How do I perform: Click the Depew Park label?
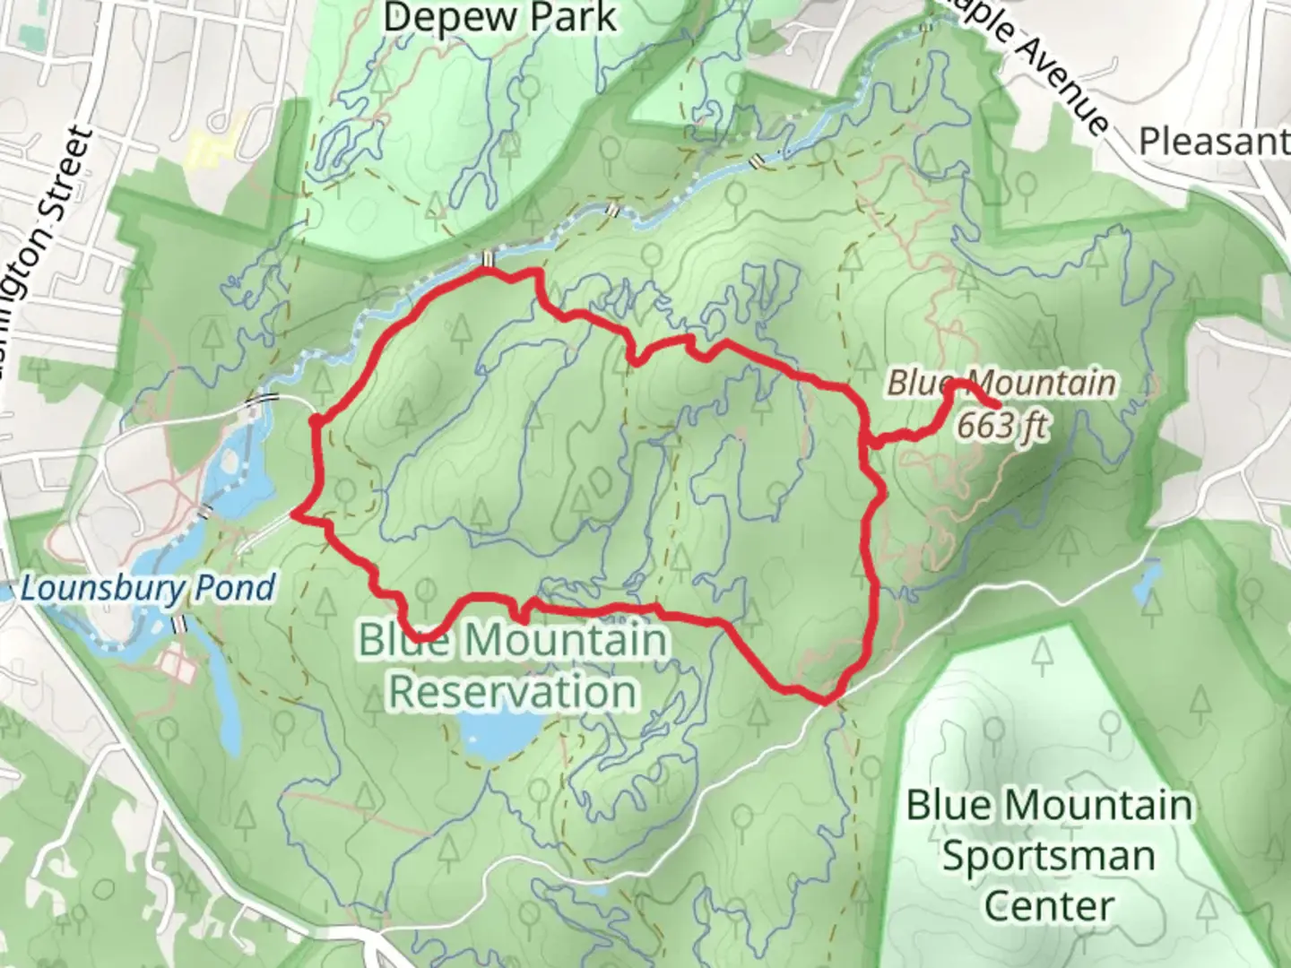tap(499, 18)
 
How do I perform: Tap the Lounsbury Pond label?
tap(147, 589)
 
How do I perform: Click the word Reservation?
tap(514, 691)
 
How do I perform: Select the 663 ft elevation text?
tap(1001, 425)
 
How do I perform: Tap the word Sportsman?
tap(1049, 855)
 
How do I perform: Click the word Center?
tap(1049, 905)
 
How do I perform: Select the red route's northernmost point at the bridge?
tap(486, 268)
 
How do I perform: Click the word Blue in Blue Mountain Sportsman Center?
tap(947, 805)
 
